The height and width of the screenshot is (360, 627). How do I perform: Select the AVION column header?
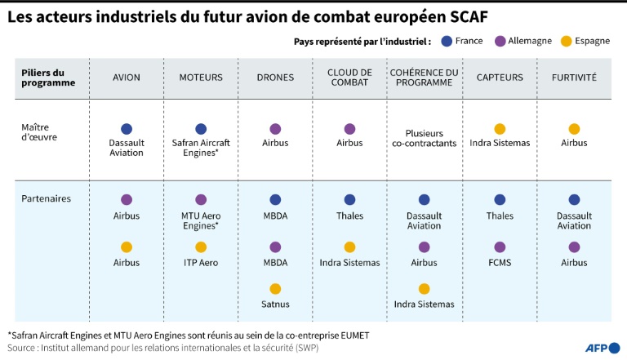point(127,78)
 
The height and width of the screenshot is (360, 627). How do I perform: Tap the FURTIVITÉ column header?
point(574,78)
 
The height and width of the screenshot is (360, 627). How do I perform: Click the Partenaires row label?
point(47,198)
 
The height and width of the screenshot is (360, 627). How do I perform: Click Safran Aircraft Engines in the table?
point(201,148)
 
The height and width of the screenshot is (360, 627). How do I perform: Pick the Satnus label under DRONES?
point(275,304)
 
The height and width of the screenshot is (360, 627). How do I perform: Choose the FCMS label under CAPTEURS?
point(500,263)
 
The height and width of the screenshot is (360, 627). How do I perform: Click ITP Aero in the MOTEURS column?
point(201,263)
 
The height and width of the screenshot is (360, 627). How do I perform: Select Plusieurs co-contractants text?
point(424,138)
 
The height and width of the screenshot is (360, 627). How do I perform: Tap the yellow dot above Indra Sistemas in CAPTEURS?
point(500,129)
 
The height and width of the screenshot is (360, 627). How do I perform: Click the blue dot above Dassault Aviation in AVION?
point(127,129)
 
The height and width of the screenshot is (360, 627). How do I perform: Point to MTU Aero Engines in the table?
point(201,220)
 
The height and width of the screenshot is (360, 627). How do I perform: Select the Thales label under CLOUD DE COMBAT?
point(349,216)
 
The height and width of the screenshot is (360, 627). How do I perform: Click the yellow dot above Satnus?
point(275,288)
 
